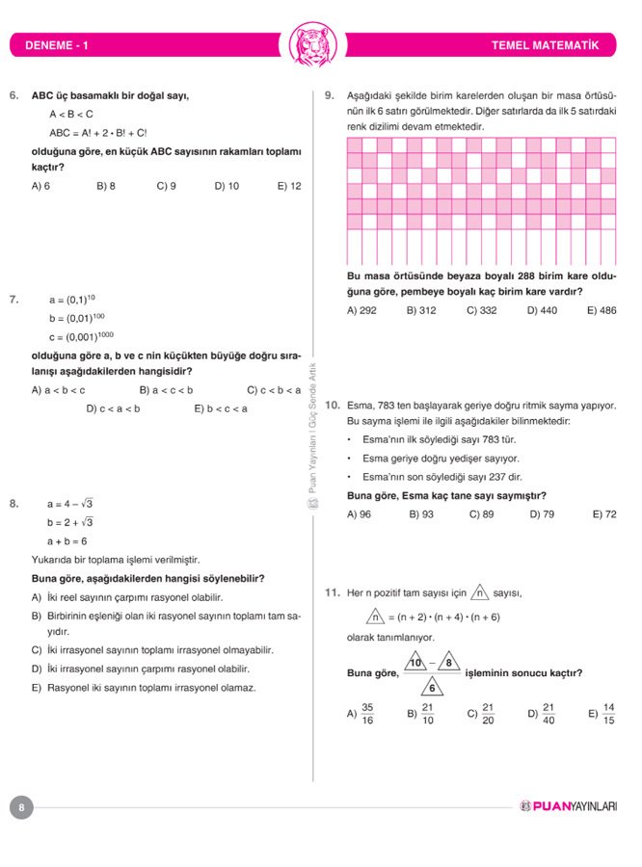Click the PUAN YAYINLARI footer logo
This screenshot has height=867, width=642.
point(568,806)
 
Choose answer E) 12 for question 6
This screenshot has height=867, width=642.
point(288,186)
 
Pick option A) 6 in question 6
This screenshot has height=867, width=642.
point(40,186)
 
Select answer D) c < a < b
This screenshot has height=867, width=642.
point(113,408)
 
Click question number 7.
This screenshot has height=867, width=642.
point(13,300)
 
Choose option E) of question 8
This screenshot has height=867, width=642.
point(144,688)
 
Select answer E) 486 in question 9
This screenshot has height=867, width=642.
point(602,311)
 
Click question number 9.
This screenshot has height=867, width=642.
point(330,95)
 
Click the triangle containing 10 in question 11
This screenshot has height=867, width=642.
point(415,664)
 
